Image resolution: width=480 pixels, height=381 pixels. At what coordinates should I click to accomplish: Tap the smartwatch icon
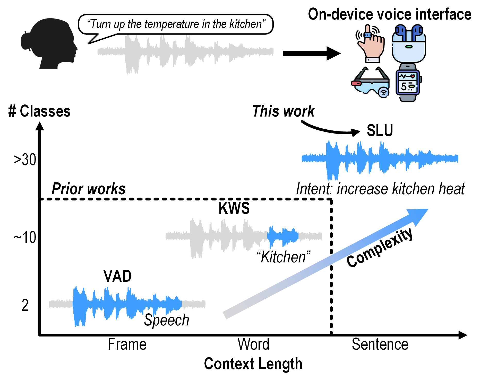pyautogui.click(x=408, y=83)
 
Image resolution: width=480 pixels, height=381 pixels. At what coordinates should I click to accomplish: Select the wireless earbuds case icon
pyautogui.click(x=409, y=44)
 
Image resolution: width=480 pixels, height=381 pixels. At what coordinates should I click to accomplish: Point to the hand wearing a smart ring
pyautogui.click(x=370, y=44)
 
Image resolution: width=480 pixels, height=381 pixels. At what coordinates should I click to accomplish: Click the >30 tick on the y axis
pyautogui.click(x=25, y=160)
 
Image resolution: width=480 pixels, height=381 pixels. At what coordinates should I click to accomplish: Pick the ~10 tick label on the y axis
pyautogui.click(x=25, y=237)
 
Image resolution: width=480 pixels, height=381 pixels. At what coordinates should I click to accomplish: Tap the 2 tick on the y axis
pyautogui.click(x=25, y=305)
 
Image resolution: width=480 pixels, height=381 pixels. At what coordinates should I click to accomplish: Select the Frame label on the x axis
pyautogui.click(x=127, y=344)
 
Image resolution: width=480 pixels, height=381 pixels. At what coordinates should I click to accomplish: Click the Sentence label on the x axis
pyautogui.click(x=380, y=344)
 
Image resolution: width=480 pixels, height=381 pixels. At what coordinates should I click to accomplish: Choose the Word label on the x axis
pyautogui.click(x=253, y=344)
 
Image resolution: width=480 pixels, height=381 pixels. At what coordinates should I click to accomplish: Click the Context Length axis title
pyautogui.click(x=253, y=364)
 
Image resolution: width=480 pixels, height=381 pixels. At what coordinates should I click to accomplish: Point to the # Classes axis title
pyautogui.click(x=39, y=111)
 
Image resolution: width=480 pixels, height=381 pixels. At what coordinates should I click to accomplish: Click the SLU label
pyautogui.click(x=380, y=130)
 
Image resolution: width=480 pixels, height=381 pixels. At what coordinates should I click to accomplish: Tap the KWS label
pyautogui.click(x=234, y=208)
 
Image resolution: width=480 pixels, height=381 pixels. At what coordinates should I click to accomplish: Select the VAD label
pyautogui.click(x=117, y=276)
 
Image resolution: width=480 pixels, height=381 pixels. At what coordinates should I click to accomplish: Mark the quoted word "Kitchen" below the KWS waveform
pyautogui.click(x=284, y=257)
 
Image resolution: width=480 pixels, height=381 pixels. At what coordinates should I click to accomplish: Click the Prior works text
pyautogui.click(x=89, y=189)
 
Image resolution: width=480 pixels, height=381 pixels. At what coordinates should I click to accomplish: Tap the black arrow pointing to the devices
pyautogui.click(x=312, y=53)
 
